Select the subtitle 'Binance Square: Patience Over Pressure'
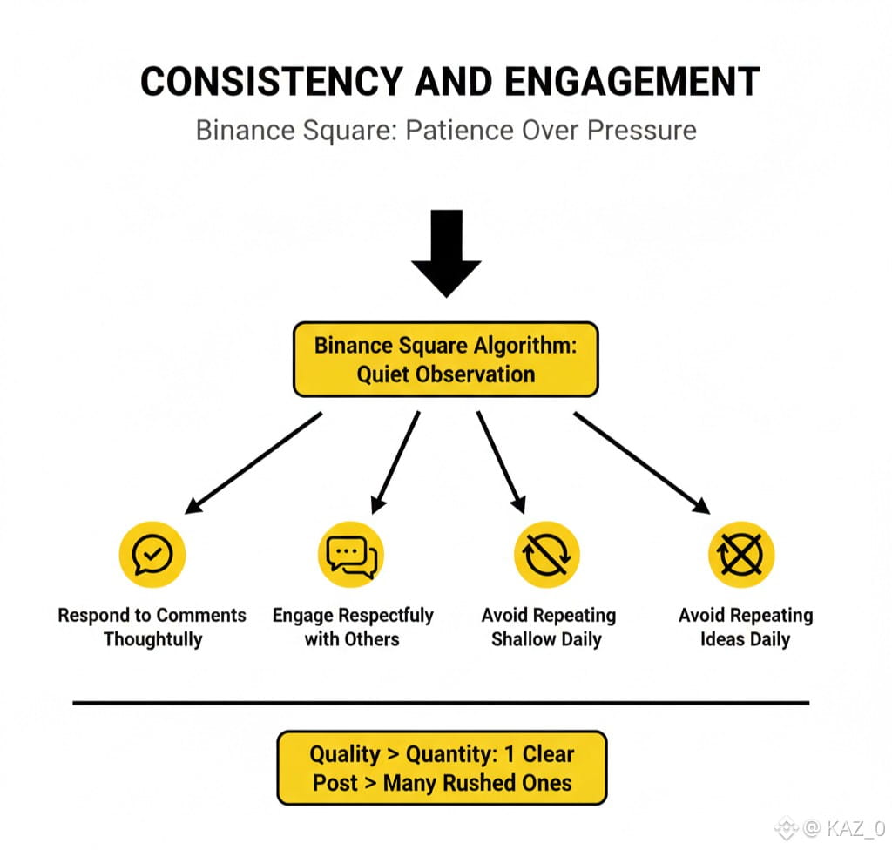tap(446, 130)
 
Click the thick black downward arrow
tap(446, 253)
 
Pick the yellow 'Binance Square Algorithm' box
tap(446, 359)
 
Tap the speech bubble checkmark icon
tap(152, 554)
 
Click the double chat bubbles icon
tap(351, 554)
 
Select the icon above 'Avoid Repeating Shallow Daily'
tap(547, 554)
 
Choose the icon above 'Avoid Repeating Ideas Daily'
tap(741, 554)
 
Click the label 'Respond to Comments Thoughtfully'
tap(152, 627)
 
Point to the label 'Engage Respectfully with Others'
tap(353, 627)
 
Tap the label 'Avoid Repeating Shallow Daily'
tap(548, 627)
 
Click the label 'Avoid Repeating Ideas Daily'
tap(746, 627)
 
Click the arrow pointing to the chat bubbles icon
tap(395, 462)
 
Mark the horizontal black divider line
tap(441, 702)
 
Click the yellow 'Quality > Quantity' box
tap(442, 767)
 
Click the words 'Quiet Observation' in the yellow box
tap(446, 374)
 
